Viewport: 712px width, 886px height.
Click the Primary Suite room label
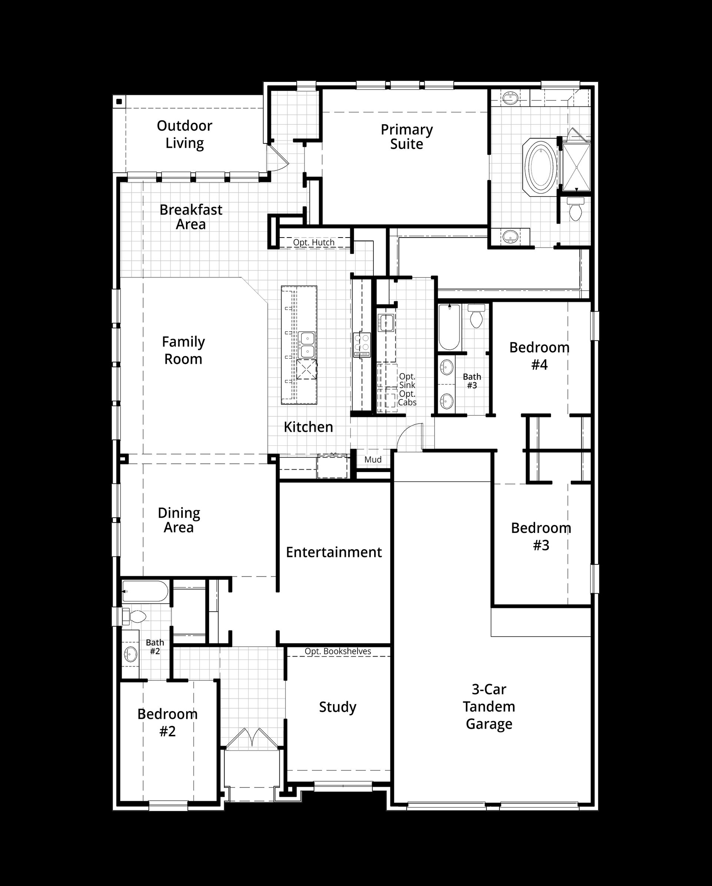click(x=406, y=137)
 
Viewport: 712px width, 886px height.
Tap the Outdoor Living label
click(x=185, y=135)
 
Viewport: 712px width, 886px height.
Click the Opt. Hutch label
click(x=314, y=242)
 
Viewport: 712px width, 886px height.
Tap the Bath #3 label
click(x=472, y=381)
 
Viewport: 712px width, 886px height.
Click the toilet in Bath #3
click(x=476, y=316)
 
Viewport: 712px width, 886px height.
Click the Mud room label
click(x=373, y=460)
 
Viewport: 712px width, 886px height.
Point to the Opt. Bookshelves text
click(x=338, y=651)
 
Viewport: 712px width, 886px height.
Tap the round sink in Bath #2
click(x=131, y=653)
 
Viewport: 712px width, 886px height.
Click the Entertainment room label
click(x=334, y=552)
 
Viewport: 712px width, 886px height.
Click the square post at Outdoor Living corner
click(x=119, y=102)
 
